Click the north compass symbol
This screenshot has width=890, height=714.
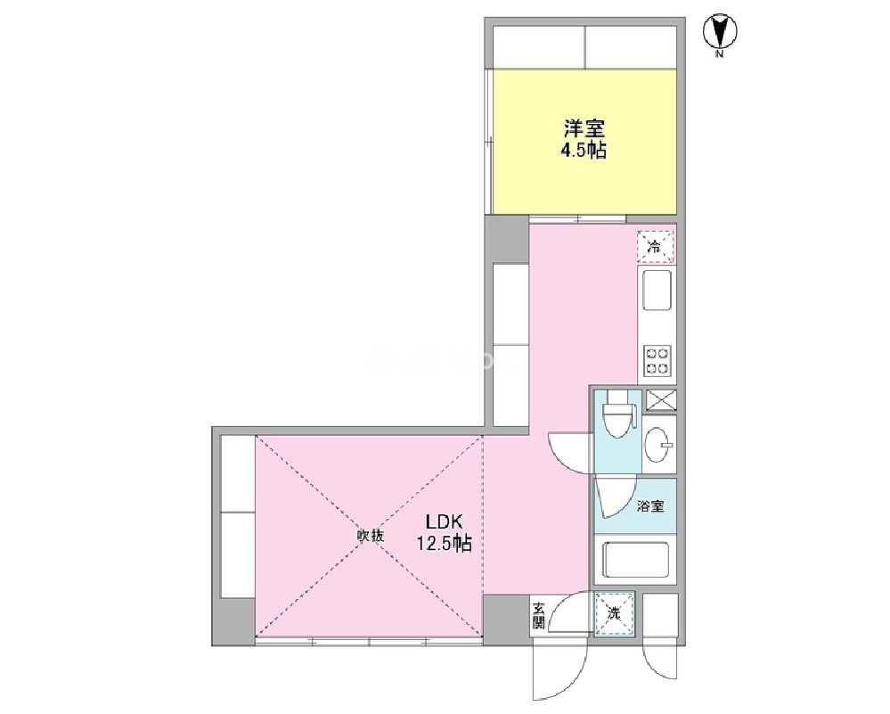pos(720,32)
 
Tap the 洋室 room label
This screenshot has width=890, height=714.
pos(584,129)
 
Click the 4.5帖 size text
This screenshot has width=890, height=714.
pos(584,152)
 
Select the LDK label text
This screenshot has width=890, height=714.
pos(445,521)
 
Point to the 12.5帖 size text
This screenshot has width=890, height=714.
pos(445,544)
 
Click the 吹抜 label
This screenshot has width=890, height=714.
pos(372,536)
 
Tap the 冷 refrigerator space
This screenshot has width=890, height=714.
pos(656,247)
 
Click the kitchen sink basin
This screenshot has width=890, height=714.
pos(657,291)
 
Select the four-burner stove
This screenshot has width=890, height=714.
pos(657,361)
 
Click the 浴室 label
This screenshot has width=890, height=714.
pos(650,506)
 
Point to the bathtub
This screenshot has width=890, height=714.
pos(635,560)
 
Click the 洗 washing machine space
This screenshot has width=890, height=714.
pos(614,613)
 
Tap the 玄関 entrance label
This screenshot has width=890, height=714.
pos(539,616)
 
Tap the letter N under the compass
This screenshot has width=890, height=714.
pos(720,54)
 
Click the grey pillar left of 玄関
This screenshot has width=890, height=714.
pos(506,615)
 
